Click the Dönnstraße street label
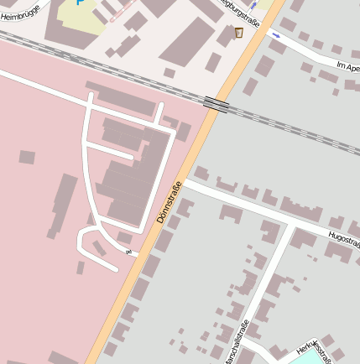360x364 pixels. pyautogui.click(x=169, y=202)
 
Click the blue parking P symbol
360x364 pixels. pyautogui.click(x=81, y=3)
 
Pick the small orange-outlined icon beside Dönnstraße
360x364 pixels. pyautogui.click(x=239, y=33)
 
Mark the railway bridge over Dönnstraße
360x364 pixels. pyautogui.click(x=217, y=104)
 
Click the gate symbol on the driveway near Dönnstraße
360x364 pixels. pyautogui.click(x=128, y=251)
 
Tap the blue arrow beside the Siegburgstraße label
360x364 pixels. pyautogui.click(x=253, y=7)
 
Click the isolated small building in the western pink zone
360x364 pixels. pyautogui.click(x=27, y=157)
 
